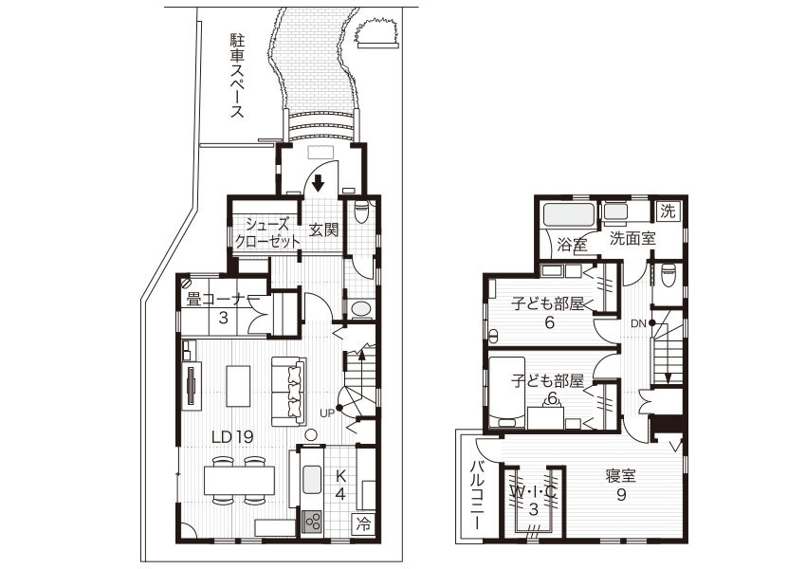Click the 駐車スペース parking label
point(237,76)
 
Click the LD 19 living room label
point(231,436)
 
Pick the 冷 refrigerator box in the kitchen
point(363,523)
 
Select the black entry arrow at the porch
point(320,182)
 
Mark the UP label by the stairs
point(327,413)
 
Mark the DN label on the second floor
point(639,323)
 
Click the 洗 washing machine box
point(669,211)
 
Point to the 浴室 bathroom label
point(571,245)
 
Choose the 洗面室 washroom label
point(632,238)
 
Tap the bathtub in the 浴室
point(567,214)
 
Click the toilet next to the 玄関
point(361,212)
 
